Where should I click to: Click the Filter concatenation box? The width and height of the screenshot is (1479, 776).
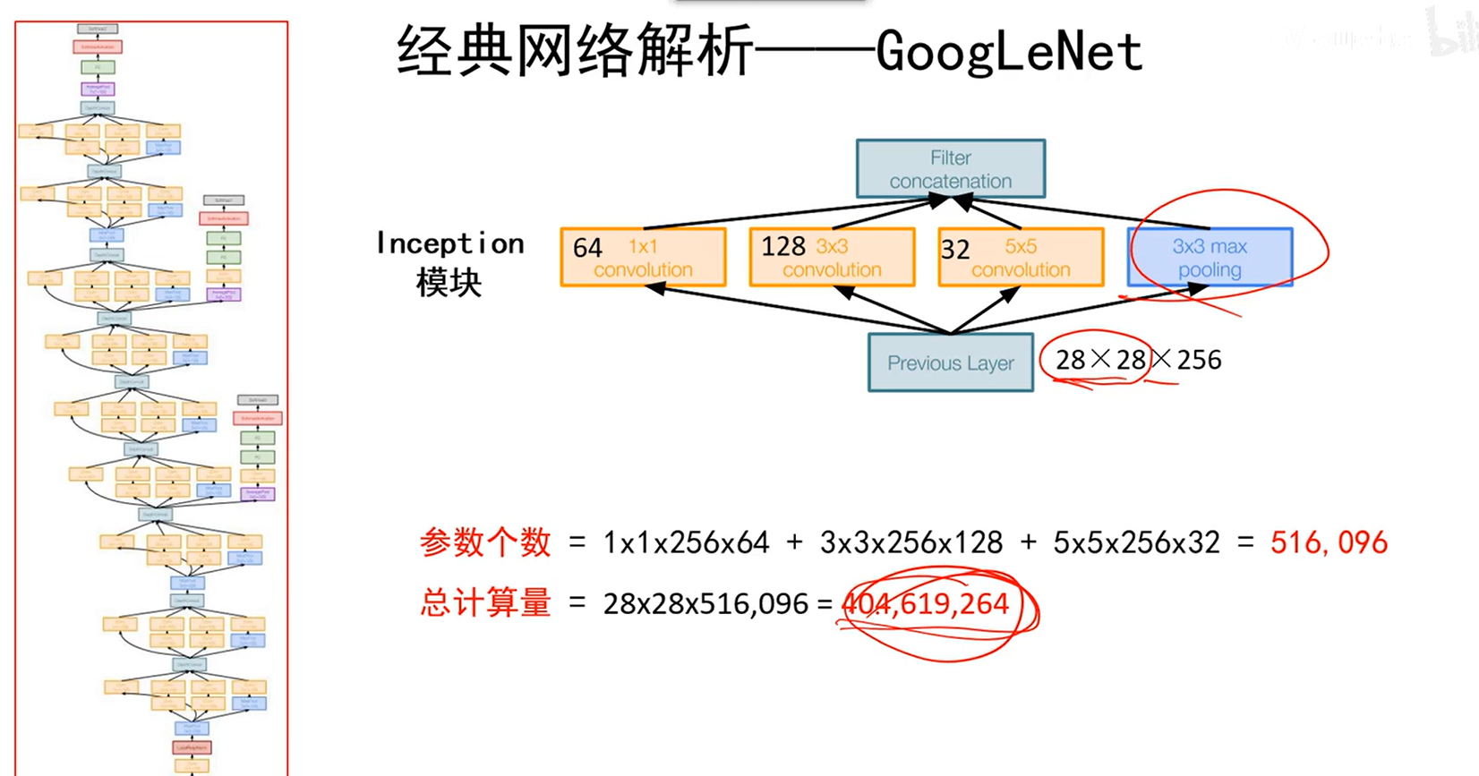950,169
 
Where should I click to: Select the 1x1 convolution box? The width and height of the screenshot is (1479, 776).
643,258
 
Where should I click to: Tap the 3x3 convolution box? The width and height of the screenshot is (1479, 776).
832,258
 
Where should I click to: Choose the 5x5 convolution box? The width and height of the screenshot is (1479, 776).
1021,258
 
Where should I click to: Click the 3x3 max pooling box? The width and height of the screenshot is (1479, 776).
1210,258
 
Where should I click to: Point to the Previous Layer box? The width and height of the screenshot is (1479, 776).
950,362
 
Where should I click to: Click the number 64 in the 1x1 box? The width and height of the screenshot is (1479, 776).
587,248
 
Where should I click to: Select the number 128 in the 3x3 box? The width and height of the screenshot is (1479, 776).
783,246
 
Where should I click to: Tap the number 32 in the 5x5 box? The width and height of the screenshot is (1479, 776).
955,250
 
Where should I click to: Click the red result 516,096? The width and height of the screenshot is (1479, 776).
1329,542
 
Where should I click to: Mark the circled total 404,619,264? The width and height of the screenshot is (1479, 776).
927,604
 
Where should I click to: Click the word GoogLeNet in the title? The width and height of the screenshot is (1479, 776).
1009,52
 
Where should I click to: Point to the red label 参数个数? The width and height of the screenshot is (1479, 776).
485,542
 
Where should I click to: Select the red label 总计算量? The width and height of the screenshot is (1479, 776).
485,604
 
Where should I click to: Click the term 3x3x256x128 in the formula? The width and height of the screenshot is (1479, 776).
911,542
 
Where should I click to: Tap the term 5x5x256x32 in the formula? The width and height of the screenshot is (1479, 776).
1136,542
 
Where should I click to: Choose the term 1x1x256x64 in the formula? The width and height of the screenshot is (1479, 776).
686,542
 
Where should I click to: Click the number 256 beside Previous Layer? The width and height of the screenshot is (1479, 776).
1199,360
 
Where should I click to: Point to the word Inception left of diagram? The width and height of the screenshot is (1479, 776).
449,243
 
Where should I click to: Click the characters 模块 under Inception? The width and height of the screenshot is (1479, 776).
449,283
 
